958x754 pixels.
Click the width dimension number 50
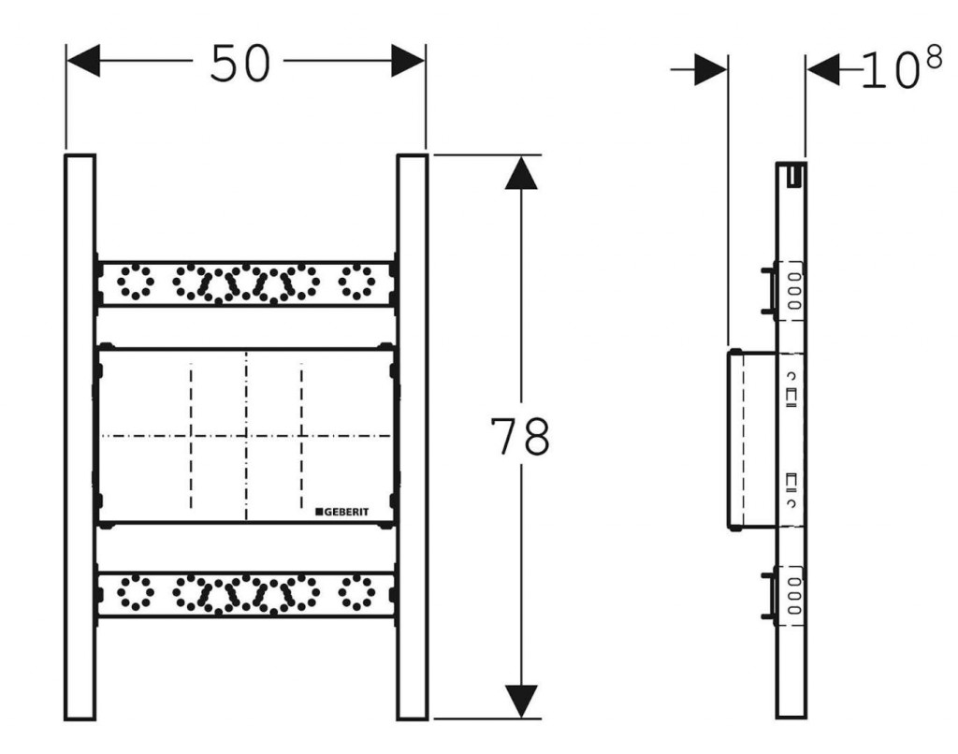(x=239, y=64)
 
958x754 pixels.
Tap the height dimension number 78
(x=521, y=437)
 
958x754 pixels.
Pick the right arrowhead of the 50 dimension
(x=408, y=63)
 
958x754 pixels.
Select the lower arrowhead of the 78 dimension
(x=521, y=701)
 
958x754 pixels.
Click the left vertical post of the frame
(x=80, y=437)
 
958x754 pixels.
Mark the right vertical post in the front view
(x=413, y=437)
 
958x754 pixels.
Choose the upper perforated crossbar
(x=246, y=283)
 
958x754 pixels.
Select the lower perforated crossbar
(x=246, y=593)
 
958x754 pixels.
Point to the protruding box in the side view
(x=752, y=440)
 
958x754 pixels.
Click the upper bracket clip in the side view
(x=769, y=290)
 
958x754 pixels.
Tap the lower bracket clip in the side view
(x=769, y=593)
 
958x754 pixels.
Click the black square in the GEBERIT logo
(x=318, y=512)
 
